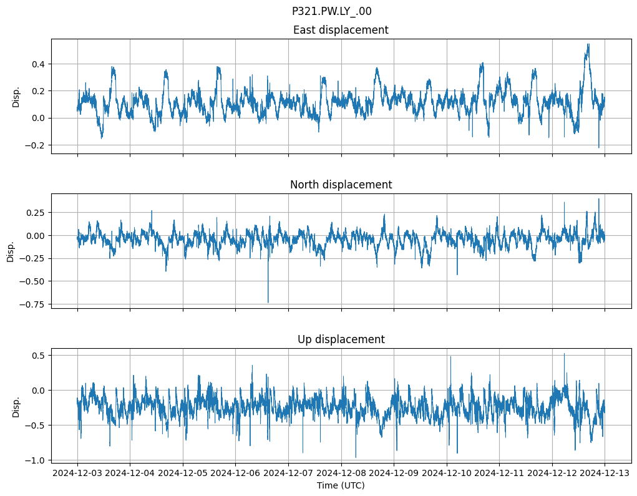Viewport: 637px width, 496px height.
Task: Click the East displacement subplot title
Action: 341,30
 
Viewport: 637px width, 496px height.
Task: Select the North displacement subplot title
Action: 341,185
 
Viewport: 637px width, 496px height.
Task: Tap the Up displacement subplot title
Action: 341,339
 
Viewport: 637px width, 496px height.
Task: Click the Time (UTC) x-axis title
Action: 341,485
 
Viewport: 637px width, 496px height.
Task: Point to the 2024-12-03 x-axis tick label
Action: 77,474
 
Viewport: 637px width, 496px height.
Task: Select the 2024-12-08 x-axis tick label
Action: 341,474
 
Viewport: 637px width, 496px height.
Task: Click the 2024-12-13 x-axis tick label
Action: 605,474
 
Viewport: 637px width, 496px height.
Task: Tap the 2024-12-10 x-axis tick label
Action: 447,474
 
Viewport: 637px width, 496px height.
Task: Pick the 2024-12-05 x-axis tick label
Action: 183,474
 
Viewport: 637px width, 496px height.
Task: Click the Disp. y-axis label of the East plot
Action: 16,97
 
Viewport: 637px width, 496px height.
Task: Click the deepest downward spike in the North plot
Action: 268,302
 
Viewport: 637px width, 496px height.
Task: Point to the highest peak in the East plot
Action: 588,44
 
